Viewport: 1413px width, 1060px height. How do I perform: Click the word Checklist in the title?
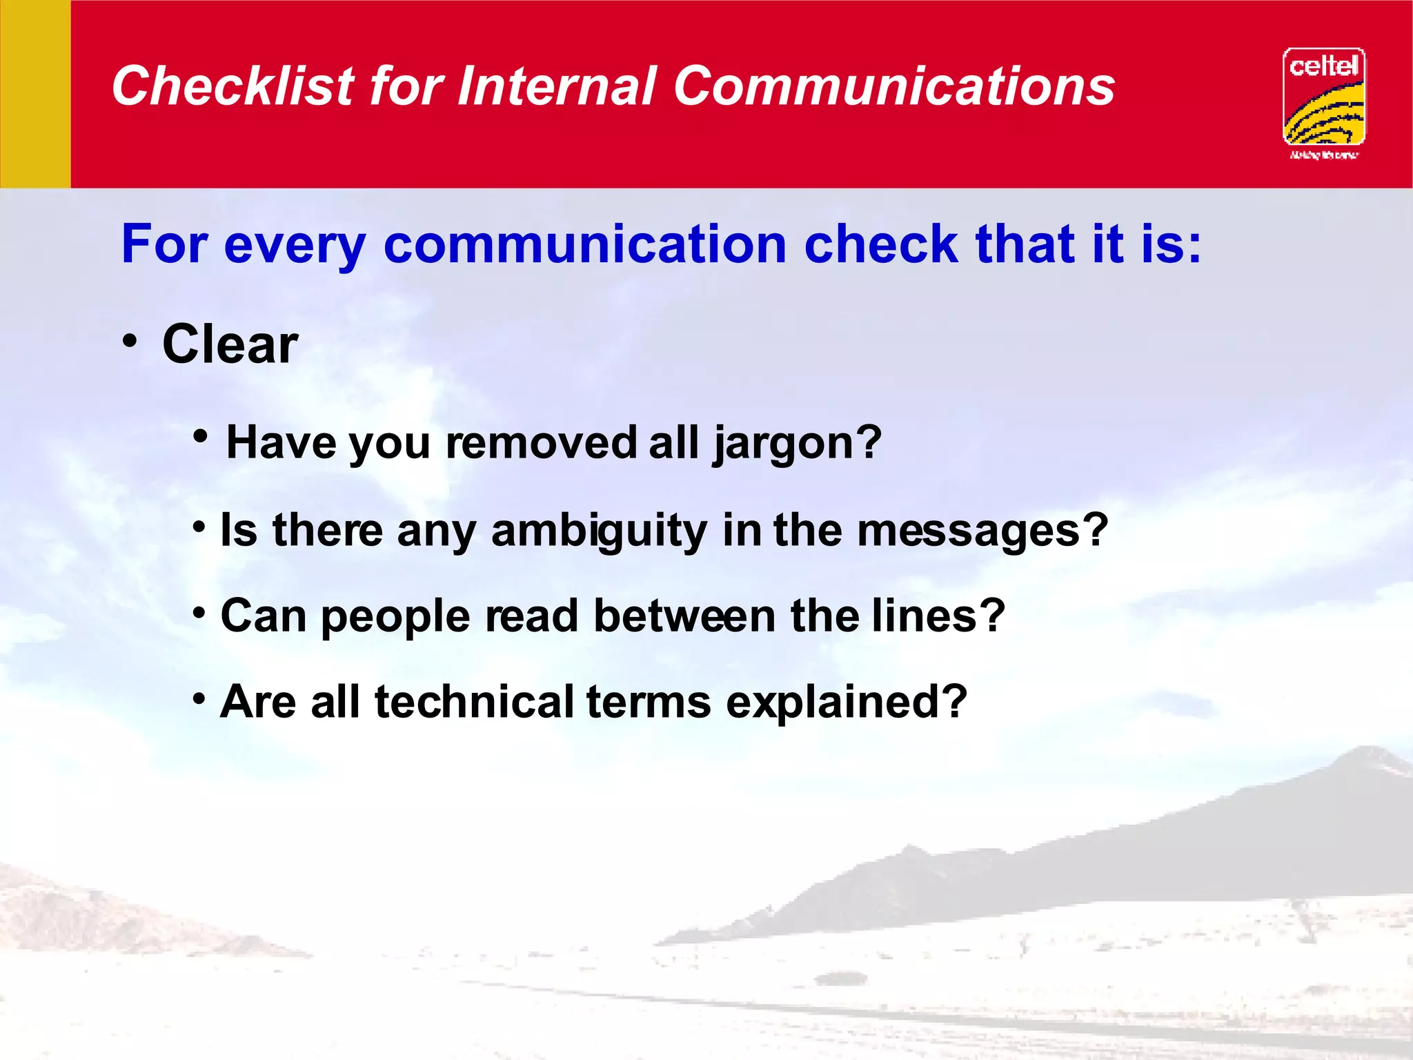tap(233, 86)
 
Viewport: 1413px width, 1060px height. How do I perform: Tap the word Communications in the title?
tap(893, 86)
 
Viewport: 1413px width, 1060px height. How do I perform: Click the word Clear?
tap(230, 344)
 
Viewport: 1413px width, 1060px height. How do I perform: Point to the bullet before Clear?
tap(130, 341)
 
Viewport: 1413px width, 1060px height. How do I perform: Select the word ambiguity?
tap(599, 531)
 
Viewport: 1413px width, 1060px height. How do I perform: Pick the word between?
tap(684, 616)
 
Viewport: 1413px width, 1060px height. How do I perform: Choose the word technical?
tap(474, 702)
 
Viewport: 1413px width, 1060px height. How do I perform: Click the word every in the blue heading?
tap(295, 245)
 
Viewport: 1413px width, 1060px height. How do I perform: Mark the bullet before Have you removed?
tap(201, 436)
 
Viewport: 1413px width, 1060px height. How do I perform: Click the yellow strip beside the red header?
tap(35, 94)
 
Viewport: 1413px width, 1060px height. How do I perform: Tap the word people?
tap(395, 616)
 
